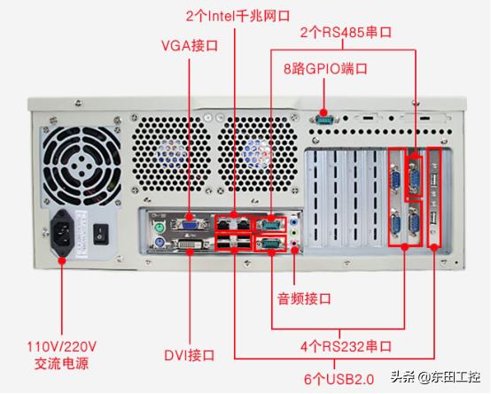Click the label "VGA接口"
click(190, 46)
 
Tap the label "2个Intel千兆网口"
click(238, 16)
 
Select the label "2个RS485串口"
click(346, 32)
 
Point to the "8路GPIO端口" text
click(325, 68)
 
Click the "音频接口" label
click(304, 298)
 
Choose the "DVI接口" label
click(190, 355)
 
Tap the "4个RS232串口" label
click(346, 346)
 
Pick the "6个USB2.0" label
click(339, 379)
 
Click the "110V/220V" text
click(62, 347)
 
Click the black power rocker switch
click(101, 234)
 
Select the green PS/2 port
click(160, 228)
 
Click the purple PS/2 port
click(160, 243)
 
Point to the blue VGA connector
click(190, 225)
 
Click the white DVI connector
click(191, 243)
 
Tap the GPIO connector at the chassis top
click(323, 119)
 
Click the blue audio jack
click(293, 222)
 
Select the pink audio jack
click(294, 242)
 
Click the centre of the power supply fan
click(82, 166)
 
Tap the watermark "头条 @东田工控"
click(435, 376)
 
